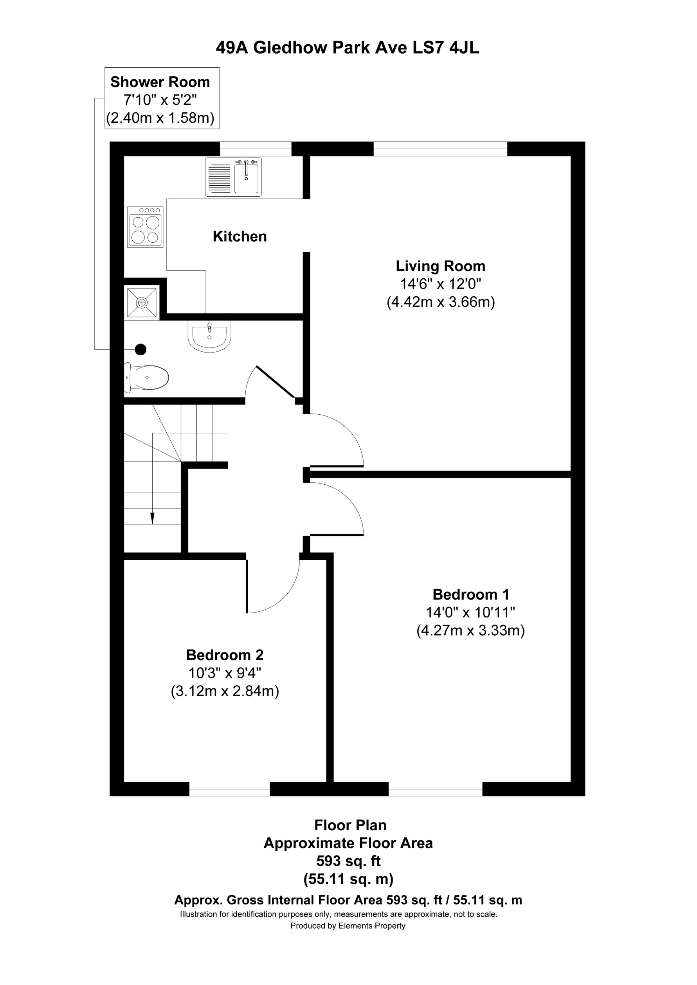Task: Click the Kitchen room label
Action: (x=240, y=236)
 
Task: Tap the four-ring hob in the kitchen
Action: (x=145, y=227)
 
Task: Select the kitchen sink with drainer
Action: (x=233, y=177)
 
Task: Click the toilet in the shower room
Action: (x=147, y=378)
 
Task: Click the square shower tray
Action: (x=142, y=303)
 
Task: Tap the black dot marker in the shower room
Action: (x=140, y=350)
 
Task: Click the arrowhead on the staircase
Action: (x=153, y=519)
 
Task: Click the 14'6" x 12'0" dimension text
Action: (x=440, y=284)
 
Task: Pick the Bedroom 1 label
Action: (x=471, y=595)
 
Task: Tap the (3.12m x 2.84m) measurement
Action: (x=225, y=691)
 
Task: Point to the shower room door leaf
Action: (x=275, y=382)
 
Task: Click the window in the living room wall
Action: (x=440, y=149)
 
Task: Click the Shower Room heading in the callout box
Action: (x=160, y=82)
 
